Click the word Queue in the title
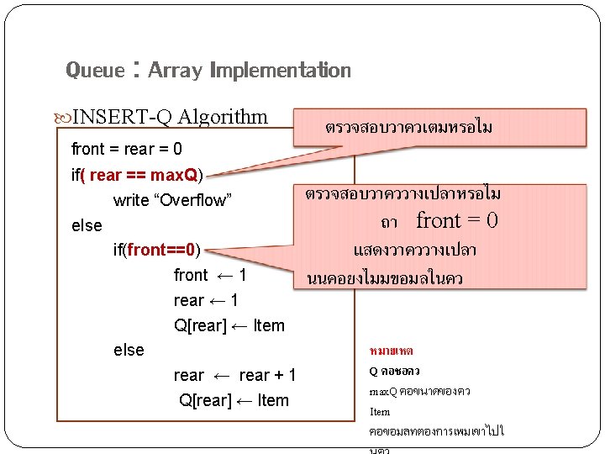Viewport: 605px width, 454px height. point(95,71)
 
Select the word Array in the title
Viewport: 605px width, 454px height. point(175,71)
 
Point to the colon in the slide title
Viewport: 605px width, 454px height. point(134,69)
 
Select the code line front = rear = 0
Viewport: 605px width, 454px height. point(126,150)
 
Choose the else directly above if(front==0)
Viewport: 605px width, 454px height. point(87,225)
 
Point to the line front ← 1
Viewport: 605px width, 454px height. point(210,275)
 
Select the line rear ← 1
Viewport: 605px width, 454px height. point(206,300)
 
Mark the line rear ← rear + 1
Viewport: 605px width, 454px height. point(234,375)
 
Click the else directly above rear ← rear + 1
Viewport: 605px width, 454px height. point(129,350)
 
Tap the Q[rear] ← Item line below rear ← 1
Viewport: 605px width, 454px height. point(229,325)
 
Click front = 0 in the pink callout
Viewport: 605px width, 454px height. point(457,221)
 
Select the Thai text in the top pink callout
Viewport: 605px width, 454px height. point(408,128)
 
